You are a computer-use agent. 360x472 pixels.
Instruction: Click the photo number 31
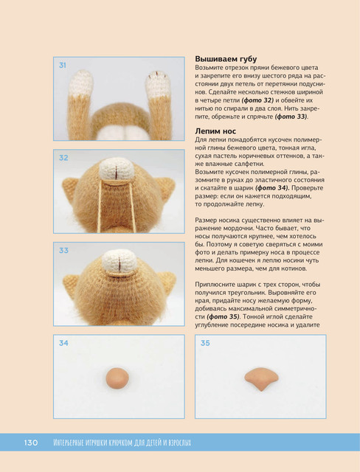click(x=62, y=66)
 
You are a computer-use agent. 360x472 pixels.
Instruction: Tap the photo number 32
click(x=63, y=158)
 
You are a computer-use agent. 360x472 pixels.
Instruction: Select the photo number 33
click(x=63, y=251)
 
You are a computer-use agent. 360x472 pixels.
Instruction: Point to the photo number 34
click(x=63, y=343)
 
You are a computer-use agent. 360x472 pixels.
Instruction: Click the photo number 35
click(x=205, y=343)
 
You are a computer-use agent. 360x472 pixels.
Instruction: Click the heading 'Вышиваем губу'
click(x=226, y=59)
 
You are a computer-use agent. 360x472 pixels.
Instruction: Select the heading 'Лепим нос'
click(x=215, y=131)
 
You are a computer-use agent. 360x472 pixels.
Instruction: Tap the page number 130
click(x=31, y=442)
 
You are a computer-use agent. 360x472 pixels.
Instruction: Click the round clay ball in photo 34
click(x=117, y=378)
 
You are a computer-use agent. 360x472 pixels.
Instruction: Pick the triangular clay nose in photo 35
click(x=261, y=378)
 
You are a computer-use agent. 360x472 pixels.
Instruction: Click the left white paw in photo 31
click(x=81, y=83)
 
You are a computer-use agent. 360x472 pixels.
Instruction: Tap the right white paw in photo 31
click(x=158, y=83)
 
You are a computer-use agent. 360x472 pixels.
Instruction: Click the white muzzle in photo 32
click(x=117, y=169)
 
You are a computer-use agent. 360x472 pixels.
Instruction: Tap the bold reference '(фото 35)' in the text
click(x=224, y=316)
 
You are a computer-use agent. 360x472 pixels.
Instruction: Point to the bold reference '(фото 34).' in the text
click(x=272, y=188)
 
